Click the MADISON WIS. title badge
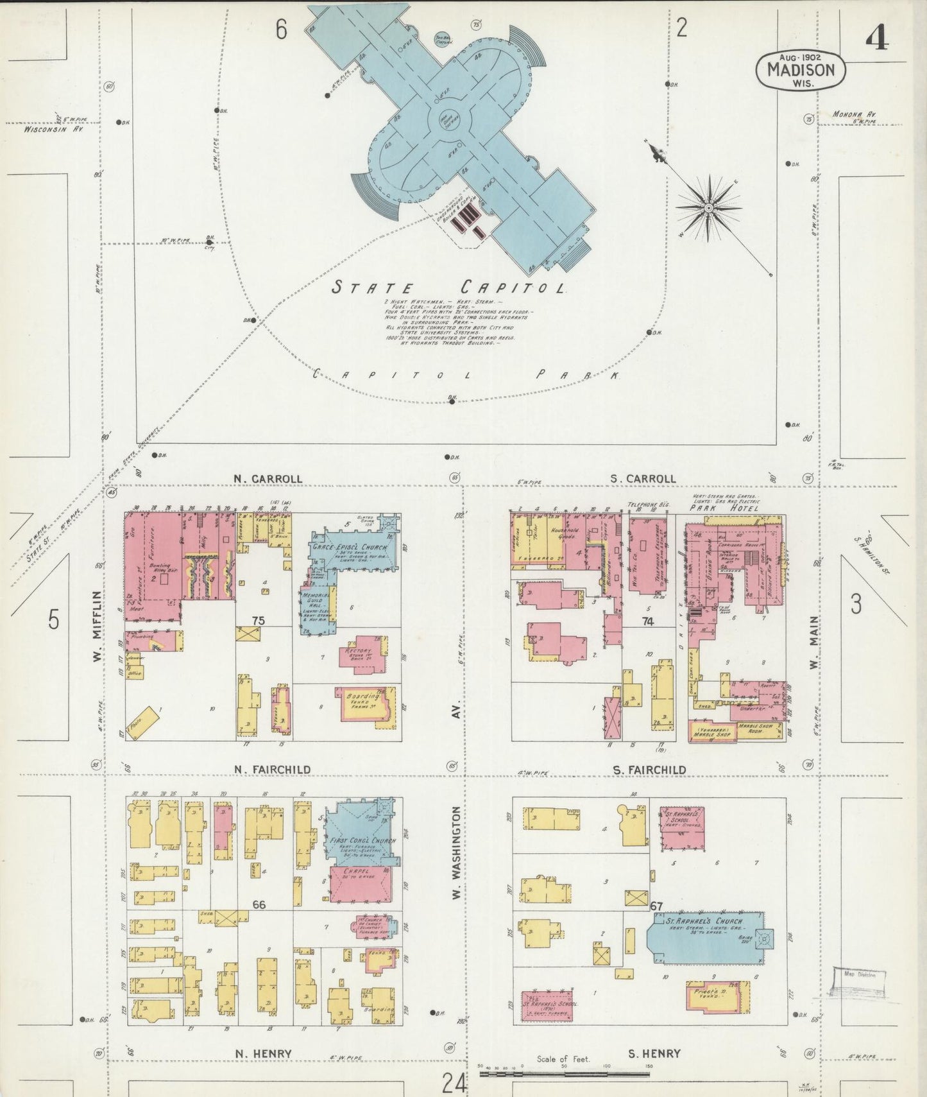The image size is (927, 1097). [x=801, y=69]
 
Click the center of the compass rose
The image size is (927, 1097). [x=708, y=208]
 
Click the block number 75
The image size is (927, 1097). [x=259, y=621]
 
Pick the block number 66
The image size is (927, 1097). [x=259, y=904]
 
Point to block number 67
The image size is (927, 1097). [x=656, y=906]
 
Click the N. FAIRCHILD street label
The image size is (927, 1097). [x=272, y=769]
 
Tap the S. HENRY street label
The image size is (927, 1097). [x=654, y=1053]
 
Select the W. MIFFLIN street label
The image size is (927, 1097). [x=96, y=625]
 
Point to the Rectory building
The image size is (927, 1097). [x=362, y=655]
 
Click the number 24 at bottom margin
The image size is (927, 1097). [x=454, y=1084]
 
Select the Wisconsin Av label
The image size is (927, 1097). [x=55, y=128]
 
